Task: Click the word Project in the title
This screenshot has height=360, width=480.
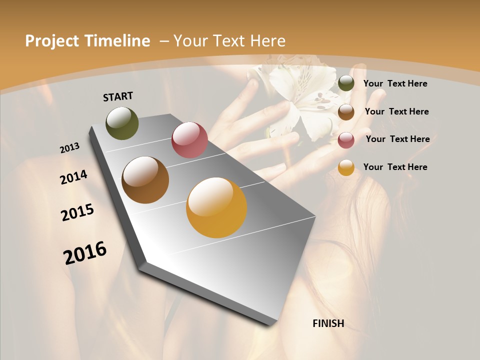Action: [52, 41]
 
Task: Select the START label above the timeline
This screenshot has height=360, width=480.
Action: [118, 96]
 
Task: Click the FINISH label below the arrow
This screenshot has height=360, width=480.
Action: [328, 323]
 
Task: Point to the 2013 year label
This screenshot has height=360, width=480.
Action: [70, 148]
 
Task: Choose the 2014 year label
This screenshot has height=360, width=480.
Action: [74, 177]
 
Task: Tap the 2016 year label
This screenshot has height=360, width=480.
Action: [85, 253]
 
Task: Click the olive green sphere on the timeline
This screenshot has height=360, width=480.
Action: [122, 123]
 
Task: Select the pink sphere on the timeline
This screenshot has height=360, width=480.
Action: [189, 140]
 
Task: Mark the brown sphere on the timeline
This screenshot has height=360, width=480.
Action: [145, 180]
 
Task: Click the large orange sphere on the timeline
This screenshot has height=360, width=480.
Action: [216, 207]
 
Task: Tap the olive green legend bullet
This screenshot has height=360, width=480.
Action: [346, 83]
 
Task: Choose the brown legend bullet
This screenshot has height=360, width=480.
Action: [346, 111]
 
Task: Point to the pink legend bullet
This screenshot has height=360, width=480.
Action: [346, 139]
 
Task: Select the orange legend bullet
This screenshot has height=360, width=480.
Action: [346, 167]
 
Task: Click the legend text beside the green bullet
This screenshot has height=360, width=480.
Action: [395, 83]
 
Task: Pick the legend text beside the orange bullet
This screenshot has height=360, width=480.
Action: [395, 167]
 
